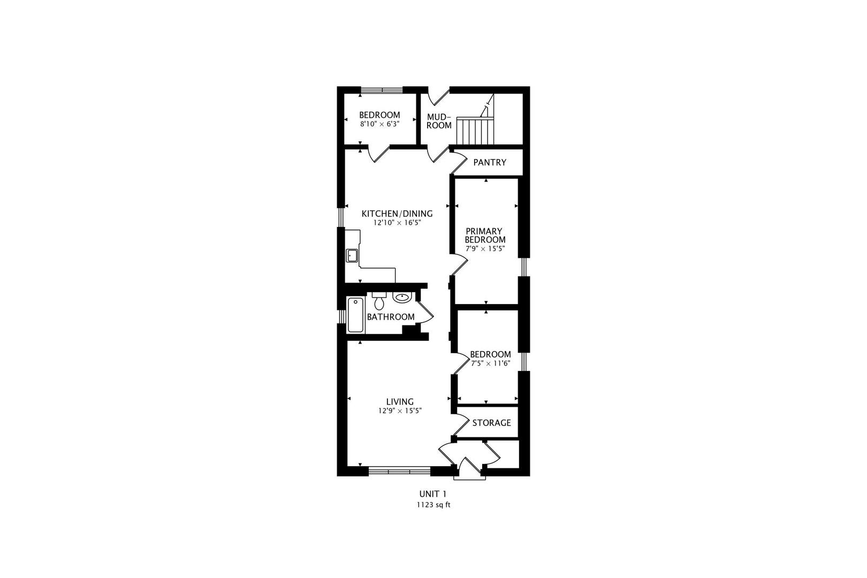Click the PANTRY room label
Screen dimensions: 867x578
[x=490, y=162]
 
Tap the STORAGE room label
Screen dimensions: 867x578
[x=491, y=423]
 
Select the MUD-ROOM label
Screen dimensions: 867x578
[x=439, y=121]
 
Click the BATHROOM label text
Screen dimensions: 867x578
[x=391, y=317]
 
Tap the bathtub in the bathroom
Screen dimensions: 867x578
[x=356, y=315]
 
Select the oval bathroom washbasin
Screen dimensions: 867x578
[x=402, y=298]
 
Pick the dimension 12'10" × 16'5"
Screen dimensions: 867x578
[x=397, y=223]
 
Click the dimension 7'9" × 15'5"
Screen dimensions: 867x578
[x=485, y=249]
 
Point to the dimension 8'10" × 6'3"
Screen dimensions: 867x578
[x=379, y=124]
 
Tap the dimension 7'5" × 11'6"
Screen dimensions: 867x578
[x=490, y=363]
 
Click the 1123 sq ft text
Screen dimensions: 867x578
[x=433, y=505]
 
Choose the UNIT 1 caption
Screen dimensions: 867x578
[x=433, y=494]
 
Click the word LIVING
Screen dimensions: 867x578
[x=400, y=402]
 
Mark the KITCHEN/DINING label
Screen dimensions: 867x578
[x=397, y=214]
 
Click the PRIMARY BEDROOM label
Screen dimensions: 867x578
[x=485, y=235]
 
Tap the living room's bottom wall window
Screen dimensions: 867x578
[x=399, y=471]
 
